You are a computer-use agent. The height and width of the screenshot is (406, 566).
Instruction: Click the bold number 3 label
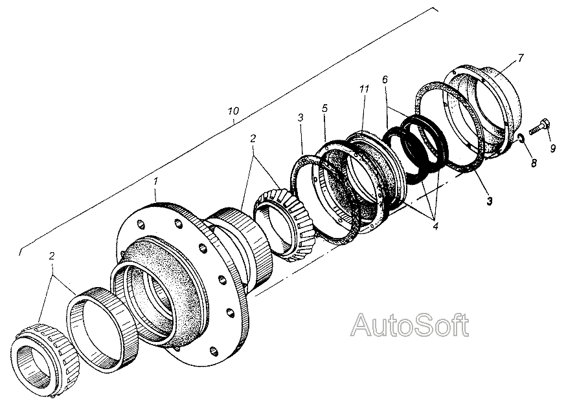point(490,201)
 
